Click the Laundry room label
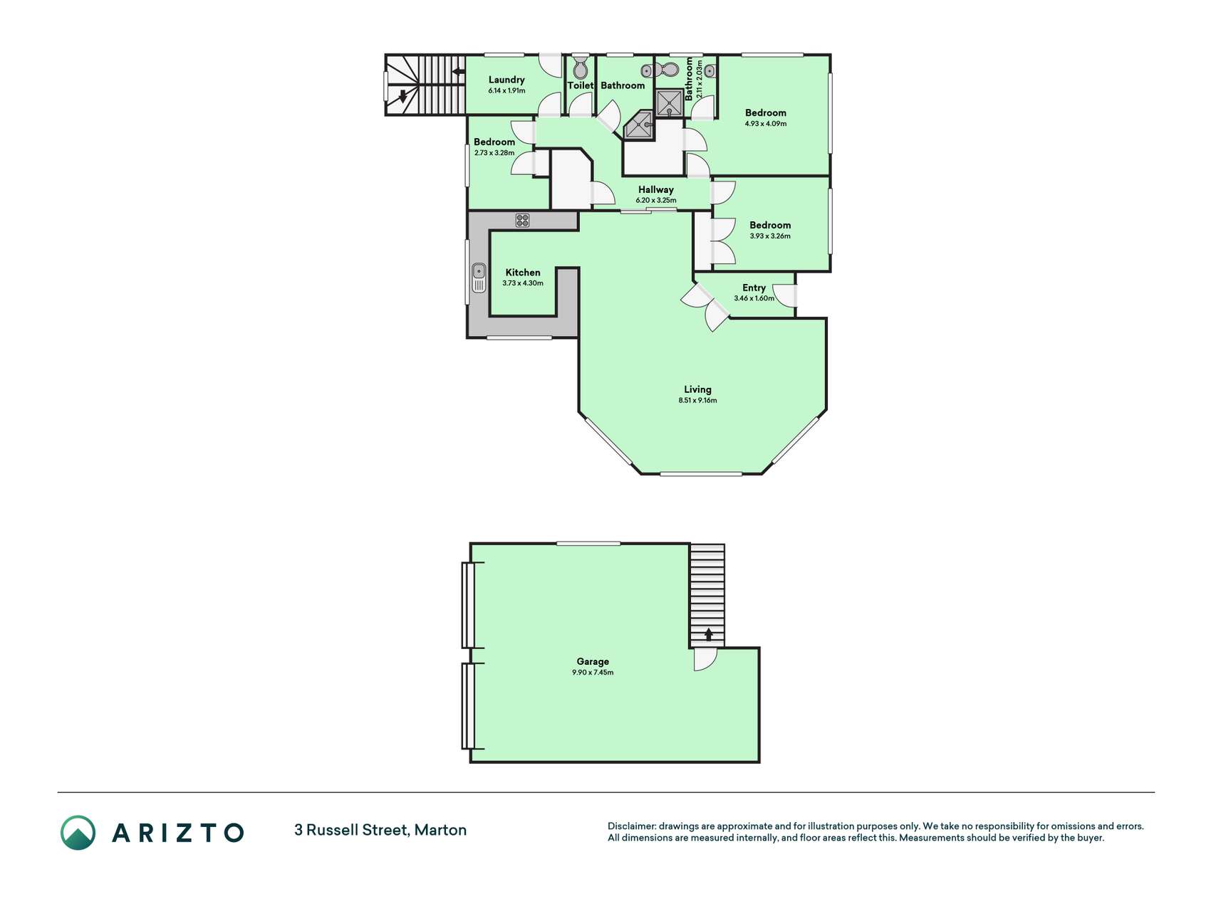506,80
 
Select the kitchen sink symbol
479,278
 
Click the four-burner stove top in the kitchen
522,221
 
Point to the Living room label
697,389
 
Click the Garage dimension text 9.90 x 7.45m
593,673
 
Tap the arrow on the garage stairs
708,634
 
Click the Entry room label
754,288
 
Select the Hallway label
655,189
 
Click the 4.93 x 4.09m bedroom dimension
766,124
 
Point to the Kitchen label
523,272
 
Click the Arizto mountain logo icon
78,833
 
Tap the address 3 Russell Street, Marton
380,830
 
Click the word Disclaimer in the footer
631,826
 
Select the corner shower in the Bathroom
638,126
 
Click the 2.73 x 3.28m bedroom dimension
494,153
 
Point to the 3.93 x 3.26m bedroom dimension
770,236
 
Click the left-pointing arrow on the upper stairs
459,71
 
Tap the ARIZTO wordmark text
178,833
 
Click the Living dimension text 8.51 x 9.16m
697,401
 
